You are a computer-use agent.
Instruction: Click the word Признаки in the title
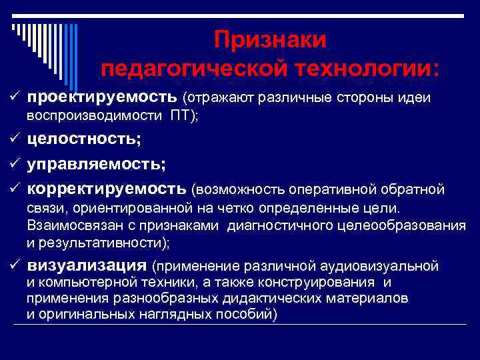coord(270,40)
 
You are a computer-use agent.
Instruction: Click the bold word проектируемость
coord(102,98)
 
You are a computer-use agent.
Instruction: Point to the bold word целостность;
coord(84,139)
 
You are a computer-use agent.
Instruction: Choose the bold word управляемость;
coord(97,163)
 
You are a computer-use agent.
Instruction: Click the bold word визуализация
coord(87,266)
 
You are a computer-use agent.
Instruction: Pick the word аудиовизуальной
coord(382,267)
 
